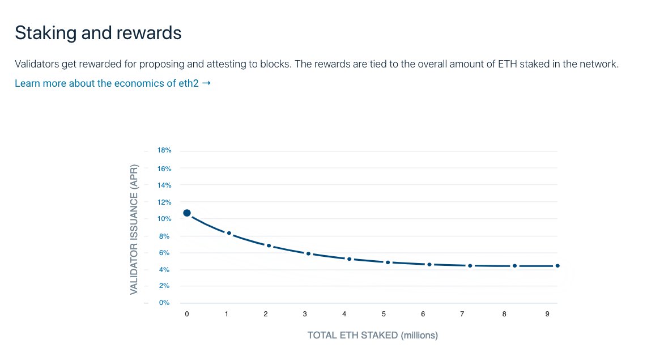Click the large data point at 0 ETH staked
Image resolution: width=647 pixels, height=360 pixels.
[x=187, y=213]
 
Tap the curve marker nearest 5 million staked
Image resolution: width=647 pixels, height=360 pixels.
[x=388, y=262]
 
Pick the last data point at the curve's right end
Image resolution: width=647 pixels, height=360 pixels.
[x=557, y=266]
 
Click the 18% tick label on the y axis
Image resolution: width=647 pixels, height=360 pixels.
[x=164, y=151]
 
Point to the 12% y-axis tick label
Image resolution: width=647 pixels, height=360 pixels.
[x=164, y=202]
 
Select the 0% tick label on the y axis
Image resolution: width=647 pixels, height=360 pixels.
[x=164, y=303]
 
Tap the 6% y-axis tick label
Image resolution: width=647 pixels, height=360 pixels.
[x=164, y=253]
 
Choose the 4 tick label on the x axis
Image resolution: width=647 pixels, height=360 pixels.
[x=344, y=314]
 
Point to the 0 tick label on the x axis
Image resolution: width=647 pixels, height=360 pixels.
[x=187, y=314]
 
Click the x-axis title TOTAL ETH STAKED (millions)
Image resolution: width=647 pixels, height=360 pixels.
[x=372, y=335]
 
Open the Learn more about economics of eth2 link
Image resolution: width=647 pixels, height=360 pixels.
[x=108, y=83]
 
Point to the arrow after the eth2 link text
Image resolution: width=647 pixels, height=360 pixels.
[x=206, y=83]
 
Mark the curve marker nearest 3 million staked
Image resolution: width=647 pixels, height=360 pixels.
[x=308, y=253]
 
